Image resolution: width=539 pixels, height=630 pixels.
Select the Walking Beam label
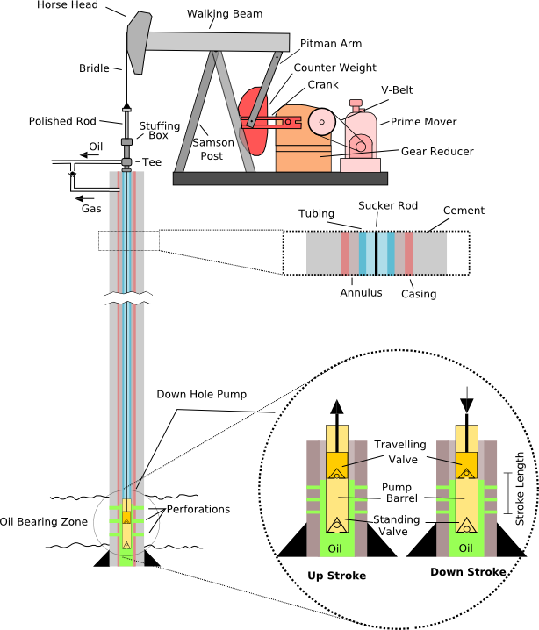click(x=219, y=15)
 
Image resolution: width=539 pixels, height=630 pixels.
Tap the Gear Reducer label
click(x=437, y=151)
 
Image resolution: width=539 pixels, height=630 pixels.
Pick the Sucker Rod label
click(x=388, y=206)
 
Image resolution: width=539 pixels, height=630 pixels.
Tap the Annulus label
click(x=361, y=292)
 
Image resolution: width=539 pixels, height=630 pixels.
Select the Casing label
click(x=419, y=293)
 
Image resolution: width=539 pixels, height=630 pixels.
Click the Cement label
click(x=464, y=211)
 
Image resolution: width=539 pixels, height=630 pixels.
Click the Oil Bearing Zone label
click(x=44, y=522)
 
